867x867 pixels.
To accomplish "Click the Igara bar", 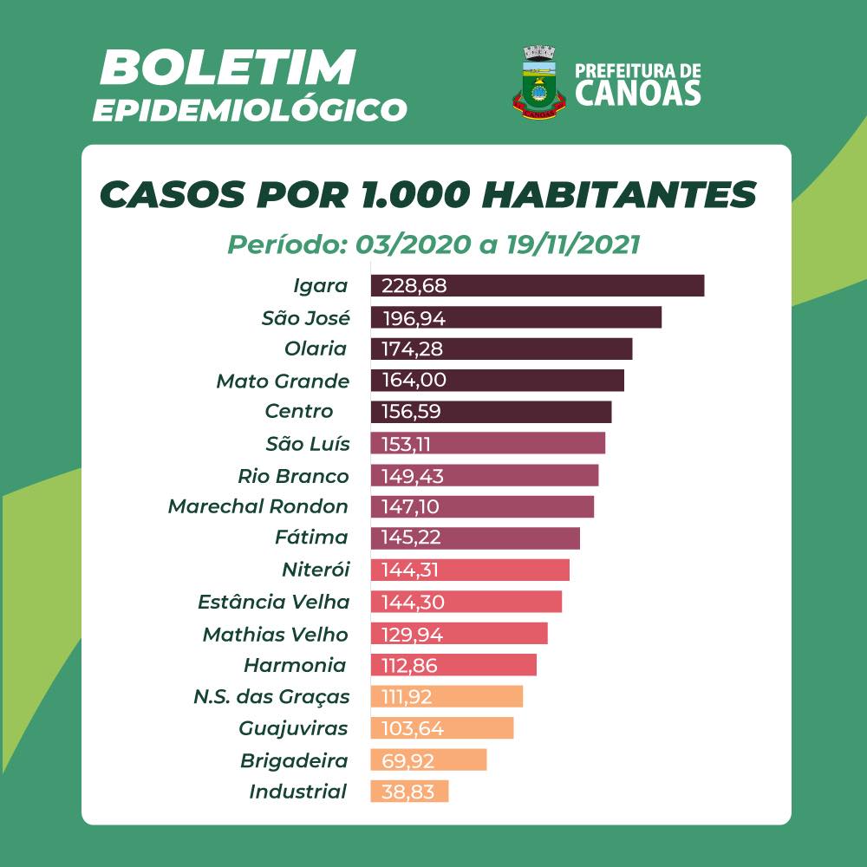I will click(x=538, y=285).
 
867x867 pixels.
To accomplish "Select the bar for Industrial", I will click(x=409, y=791).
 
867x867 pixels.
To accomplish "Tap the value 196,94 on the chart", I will click(x=414, y=317).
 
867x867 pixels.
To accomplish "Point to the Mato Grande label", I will click(x=283, y=381).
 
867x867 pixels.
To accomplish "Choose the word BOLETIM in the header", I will click(x=228, y=68).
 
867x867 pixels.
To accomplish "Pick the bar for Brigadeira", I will click(x=428, y=759).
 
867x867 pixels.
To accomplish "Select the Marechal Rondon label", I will click(x=258, y=506).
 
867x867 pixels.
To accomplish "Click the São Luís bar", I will click(x=488, y=444).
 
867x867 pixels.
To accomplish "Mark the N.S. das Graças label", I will click(x=272, y=696).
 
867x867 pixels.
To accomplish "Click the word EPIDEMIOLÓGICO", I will click(x=250, y=110).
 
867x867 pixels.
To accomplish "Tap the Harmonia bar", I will click(x=453, y=665).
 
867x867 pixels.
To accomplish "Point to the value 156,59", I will click(x=411, y=412).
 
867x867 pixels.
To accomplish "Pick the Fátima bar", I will click(x=475, y=538).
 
